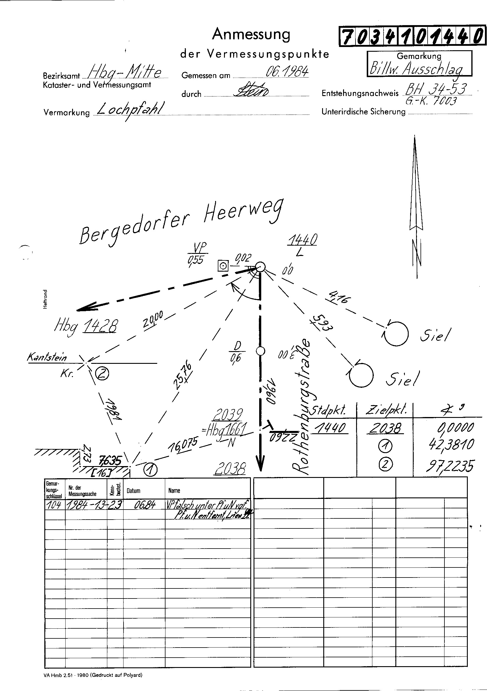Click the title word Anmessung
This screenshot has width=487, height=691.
coord(251,35)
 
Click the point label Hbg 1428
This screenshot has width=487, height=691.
coord(86,326)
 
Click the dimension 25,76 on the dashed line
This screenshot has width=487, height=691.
coord(182,376)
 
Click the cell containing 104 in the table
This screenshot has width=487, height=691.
coord(54,505)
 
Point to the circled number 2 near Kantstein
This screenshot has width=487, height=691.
coord(102,374)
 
